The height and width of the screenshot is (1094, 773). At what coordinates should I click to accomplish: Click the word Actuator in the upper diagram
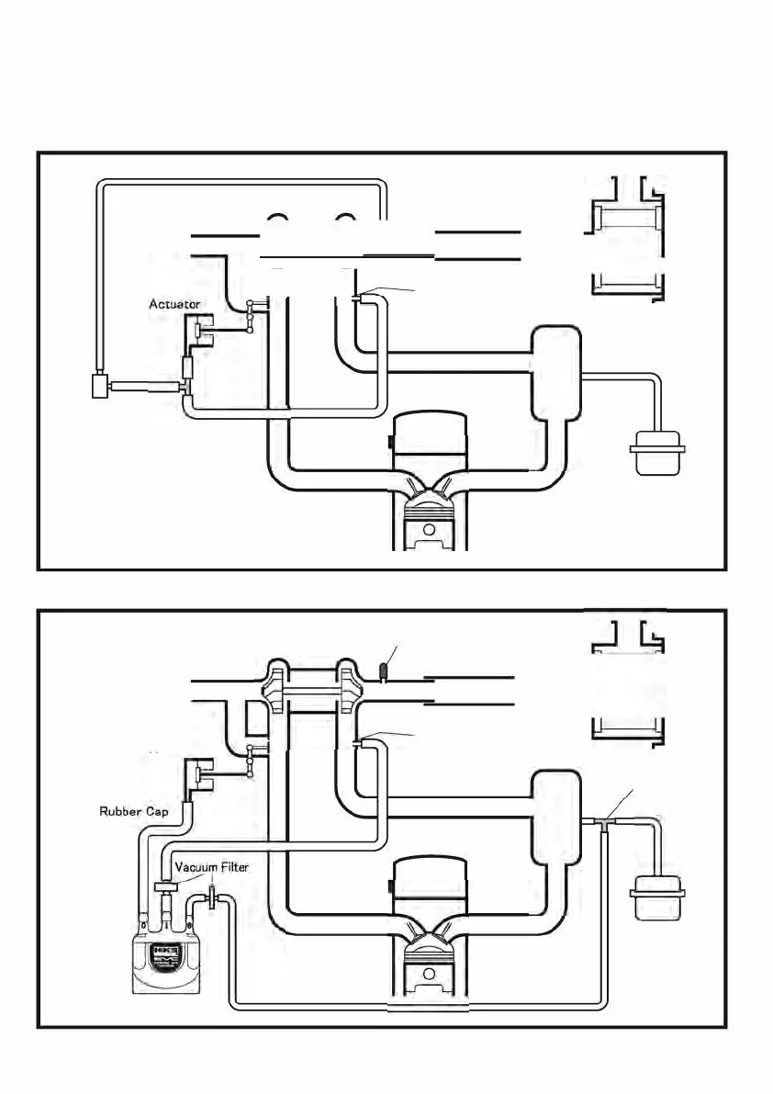[174, 303]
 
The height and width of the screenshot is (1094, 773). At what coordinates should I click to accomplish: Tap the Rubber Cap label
[134, 812]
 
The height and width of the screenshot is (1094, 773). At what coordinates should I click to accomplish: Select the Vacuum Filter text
[211, 866]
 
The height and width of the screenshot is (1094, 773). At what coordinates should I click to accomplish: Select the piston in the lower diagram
[430, 964]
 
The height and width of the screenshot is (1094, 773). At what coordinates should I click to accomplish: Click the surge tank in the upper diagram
[557, 372]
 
